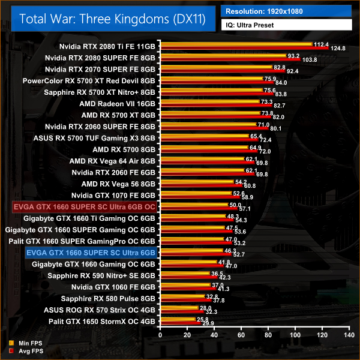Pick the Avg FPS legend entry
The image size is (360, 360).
[29, 351]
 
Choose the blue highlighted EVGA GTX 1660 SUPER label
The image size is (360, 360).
[91, 253]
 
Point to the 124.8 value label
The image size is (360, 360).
[338, 49]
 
